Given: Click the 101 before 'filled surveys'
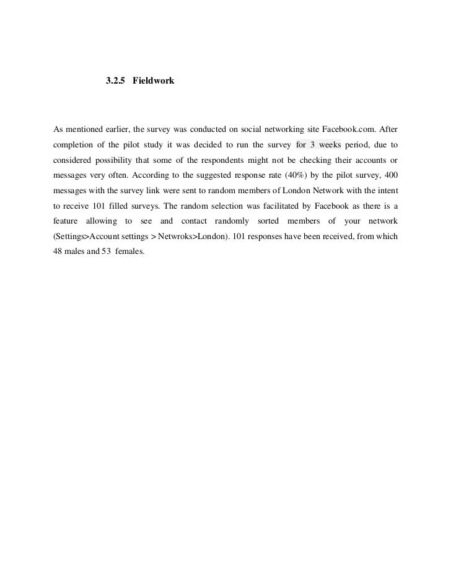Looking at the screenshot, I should (x=90, y=206).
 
